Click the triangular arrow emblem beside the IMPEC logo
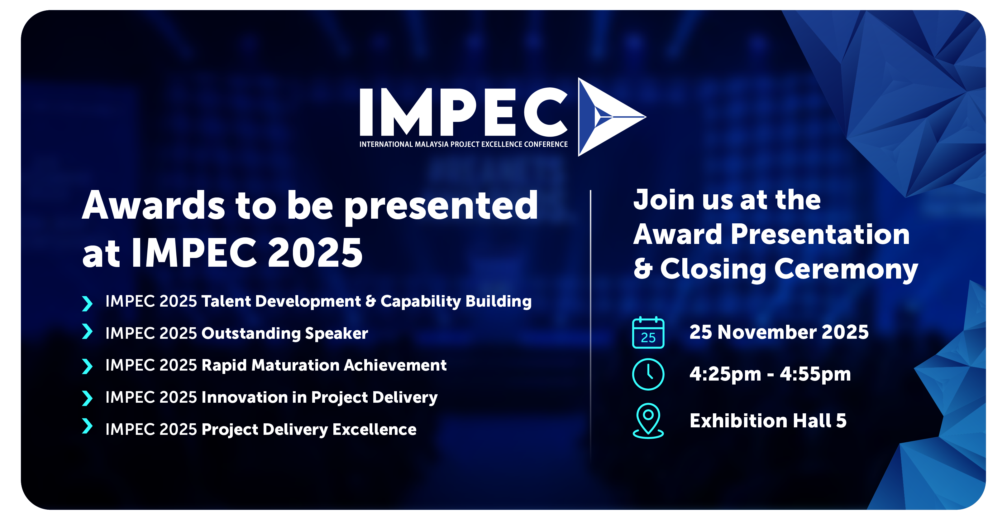tap(606, 117)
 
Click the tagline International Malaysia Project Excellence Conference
tap(463, 144)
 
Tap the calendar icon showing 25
tap(648, 333)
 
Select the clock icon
tap(648, 374)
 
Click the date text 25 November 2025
tap(779, 332)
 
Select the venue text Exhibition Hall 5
tap(768, 420)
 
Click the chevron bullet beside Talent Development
tap(87, 303)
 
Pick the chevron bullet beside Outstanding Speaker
tap(87, 331)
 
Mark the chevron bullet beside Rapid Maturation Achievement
tap(87, 366)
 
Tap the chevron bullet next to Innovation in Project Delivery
tap(87, 398)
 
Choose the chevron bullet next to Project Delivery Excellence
tap(87, 426)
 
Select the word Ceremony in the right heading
tap(846, 270)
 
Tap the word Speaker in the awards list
tap(336, 334)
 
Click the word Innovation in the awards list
tap(244, 397)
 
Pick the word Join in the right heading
tap(664, 200)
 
